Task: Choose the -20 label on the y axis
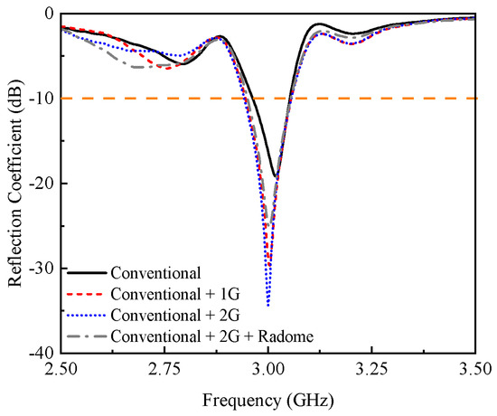(41, 184)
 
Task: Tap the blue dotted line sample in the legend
(88, 315)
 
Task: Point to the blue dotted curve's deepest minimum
(268, 306)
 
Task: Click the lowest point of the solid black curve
(275, 176)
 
